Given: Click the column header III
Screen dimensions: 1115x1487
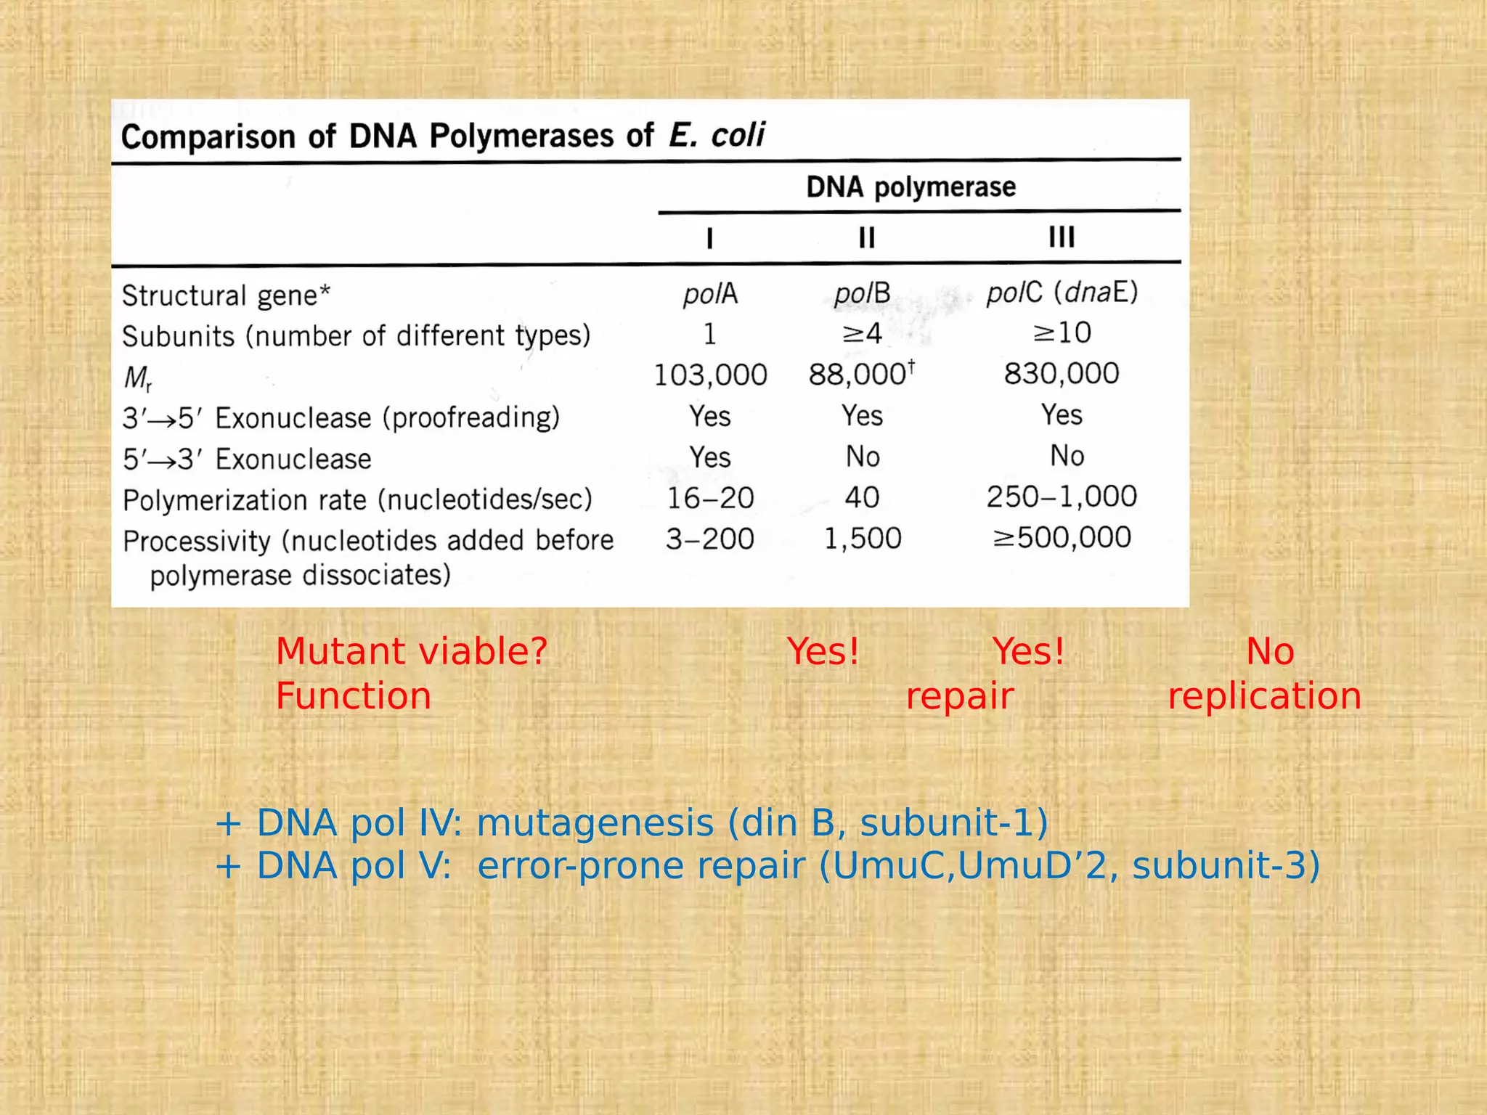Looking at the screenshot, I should [1062, 237].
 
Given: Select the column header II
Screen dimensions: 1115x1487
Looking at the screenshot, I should [866, 237].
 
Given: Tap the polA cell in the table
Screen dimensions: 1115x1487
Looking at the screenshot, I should [710, 294].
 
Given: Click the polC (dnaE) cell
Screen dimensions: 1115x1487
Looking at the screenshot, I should [1062, 293].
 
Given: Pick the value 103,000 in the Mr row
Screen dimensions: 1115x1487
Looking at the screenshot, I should [710, 375].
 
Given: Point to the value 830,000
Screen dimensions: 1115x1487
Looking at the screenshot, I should [1062, 374].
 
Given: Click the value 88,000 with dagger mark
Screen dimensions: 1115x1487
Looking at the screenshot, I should [861, 375].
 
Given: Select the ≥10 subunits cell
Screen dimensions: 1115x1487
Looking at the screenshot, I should [1062, 333].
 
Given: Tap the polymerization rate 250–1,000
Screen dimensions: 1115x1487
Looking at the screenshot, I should [1062, 497].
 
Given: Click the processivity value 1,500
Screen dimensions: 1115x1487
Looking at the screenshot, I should [863, 539].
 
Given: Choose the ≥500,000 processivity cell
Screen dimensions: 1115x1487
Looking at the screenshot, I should [1062, 538].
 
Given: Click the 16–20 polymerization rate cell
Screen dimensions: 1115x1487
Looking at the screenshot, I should [710, 499].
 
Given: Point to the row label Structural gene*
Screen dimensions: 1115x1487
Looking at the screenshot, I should [226, 296].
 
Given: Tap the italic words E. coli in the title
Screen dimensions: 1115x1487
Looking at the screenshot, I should [716, 136].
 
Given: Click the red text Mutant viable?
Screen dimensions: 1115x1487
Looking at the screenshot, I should [411, 651].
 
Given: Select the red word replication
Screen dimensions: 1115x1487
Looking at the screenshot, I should [1263, 696].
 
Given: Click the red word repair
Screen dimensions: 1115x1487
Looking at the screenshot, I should [959, 697].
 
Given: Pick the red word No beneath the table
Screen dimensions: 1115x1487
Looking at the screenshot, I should [1270, 651].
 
